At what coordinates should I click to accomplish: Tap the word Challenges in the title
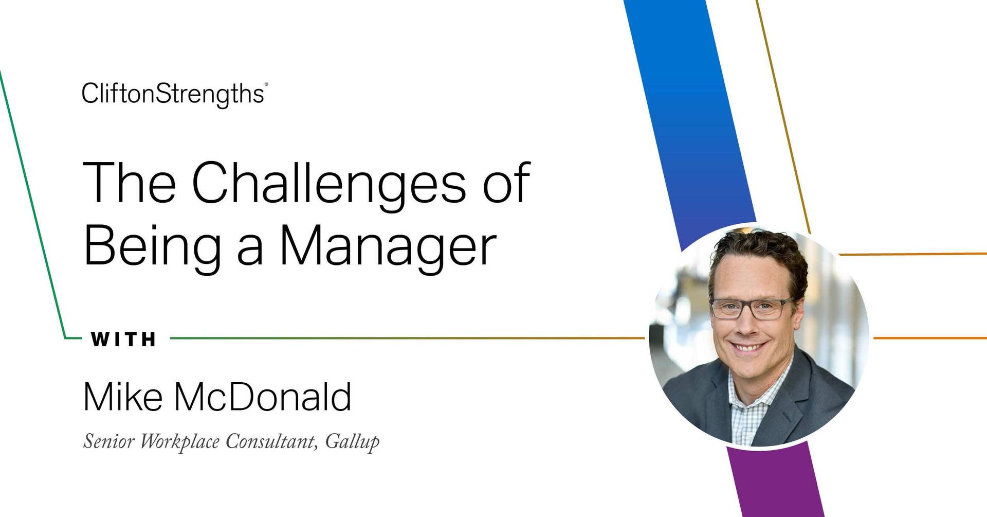click(329, 183)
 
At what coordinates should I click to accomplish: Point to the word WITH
click(124, 340)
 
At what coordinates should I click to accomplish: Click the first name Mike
click(123, 397)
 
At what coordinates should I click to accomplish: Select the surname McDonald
click(262, 397)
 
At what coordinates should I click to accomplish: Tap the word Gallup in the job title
click(352, 441)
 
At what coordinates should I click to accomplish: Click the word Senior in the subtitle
click(108, 441)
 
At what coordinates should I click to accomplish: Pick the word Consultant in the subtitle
click(270, 441)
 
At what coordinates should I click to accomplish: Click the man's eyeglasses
click(752, 308)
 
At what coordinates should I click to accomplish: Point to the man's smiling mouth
click(750, 347)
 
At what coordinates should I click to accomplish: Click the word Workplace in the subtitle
click(180, 441)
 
